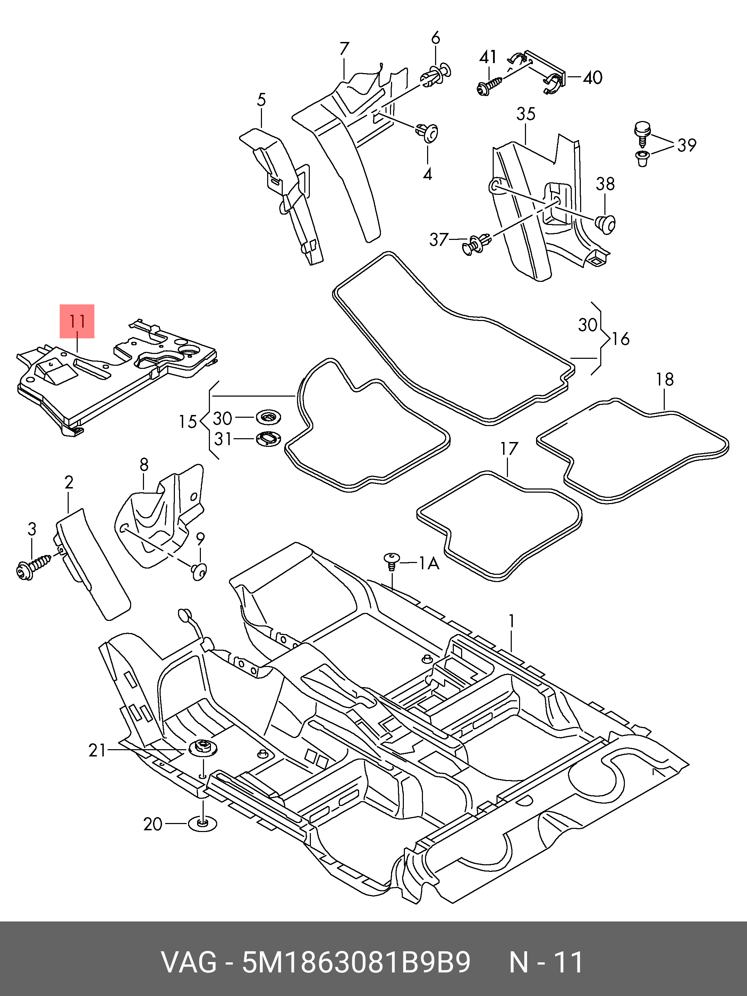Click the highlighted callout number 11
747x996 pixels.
tap(77, 321)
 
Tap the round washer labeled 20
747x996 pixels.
tap(201, 824)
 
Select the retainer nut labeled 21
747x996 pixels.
tap(202, 749)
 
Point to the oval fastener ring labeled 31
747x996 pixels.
tap(269, 439)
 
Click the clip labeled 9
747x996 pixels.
tap(199, 571)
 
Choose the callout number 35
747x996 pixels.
tap(526, 114)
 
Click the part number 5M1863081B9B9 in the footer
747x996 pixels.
tap(356, 962)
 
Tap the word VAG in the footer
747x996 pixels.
tap(189, 962)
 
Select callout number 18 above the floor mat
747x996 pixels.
tap(664, 380)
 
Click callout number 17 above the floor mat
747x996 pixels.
tap(509, 449)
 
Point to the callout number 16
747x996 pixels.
tap(621, 339)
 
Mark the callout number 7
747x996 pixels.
tap(344, 49)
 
